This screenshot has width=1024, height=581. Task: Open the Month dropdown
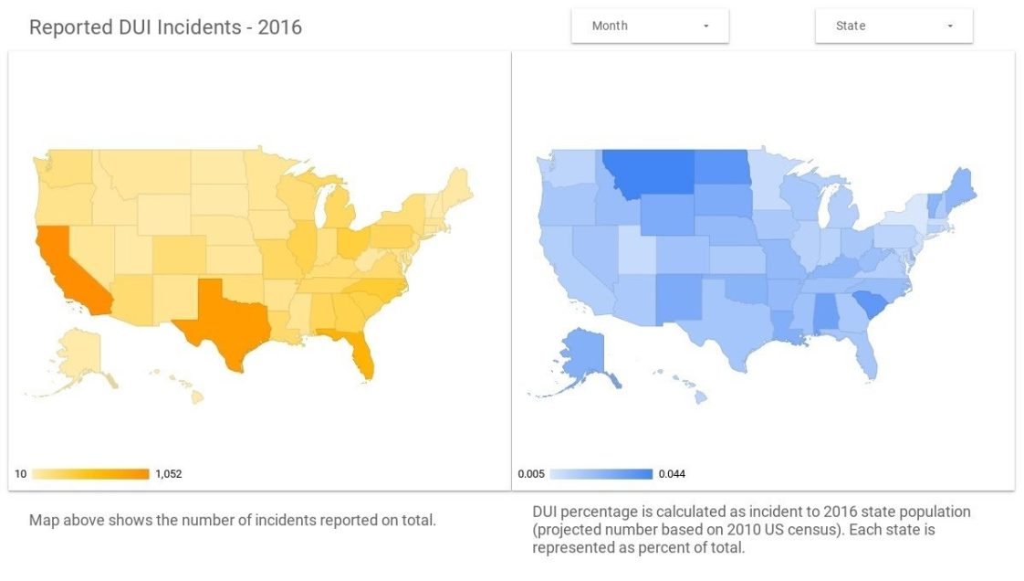(x=649, y=26)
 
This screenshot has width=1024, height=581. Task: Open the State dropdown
(x=893, y=26)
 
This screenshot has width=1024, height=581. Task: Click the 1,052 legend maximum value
(x=169, y=474)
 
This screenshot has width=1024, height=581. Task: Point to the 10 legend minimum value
(x=20, y=474)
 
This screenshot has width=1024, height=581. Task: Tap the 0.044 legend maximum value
(x=672, y=474)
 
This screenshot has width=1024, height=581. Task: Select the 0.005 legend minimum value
(x=530, y=474)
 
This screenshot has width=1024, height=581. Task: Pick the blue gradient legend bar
(x=601, y=474)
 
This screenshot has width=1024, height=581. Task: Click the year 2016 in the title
(x=279, y=27)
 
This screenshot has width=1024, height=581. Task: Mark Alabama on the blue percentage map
(x=826, y=316)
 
